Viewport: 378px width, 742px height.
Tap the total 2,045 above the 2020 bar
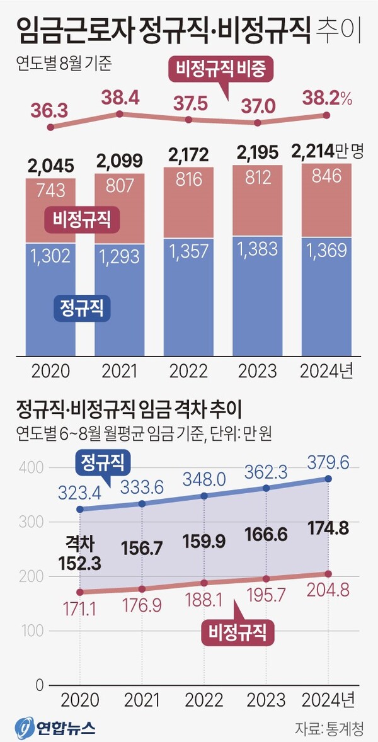(x=50, y=166)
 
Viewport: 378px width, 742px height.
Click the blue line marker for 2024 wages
(x=328, y=479)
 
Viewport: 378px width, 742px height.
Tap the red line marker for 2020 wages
(x=80, y=591)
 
